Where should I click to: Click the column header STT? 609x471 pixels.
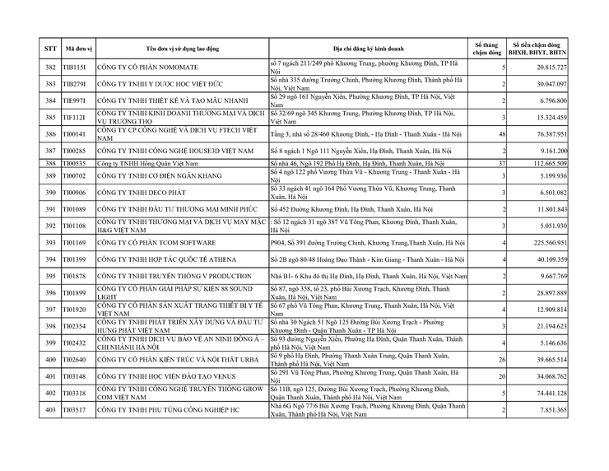coord(50,48)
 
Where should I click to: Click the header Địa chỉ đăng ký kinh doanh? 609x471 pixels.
coord(369,48)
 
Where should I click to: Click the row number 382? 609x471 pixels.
coord(50,68)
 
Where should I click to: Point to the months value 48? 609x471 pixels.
coord(501,133)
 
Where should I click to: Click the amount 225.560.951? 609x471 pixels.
coord(567,244)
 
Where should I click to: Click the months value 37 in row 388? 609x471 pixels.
coord(501,165)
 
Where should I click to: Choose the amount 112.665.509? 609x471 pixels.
coord(567,165)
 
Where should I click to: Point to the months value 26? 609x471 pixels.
coord(501,360)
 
